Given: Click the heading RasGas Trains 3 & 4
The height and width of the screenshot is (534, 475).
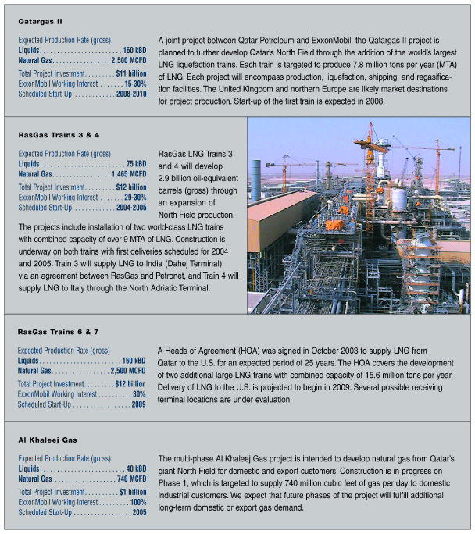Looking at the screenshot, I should coord(58,135).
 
